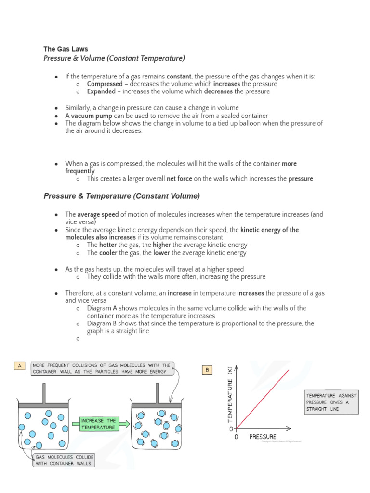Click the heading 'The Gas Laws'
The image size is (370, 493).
click(66, 49)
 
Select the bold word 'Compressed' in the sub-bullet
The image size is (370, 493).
click(105, 84)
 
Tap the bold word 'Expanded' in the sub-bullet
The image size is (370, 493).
click(101, 91)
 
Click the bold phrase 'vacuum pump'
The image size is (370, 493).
click(92, 116)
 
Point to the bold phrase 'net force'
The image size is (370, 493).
click(179, 179)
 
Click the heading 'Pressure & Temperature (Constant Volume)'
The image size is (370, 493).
click(121, 196)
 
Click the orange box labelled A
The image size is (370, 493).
click(20, 366)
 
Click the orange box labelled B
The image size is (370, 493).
click(207, 370)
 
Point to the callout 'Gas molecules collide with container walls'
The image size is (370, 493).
click(64, 460)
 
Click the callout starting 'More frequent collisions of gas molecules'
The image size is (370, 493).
click(101, 368)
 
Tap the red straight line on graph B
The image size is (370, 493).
click(263, 399)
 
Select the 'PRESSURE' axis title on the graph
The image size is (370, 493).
click(263, 437)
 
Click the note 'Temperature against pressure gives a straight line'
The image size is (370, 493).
click(331, 402)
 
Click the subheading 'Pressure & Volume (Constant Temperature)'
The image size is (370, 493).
click(114, 58)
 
